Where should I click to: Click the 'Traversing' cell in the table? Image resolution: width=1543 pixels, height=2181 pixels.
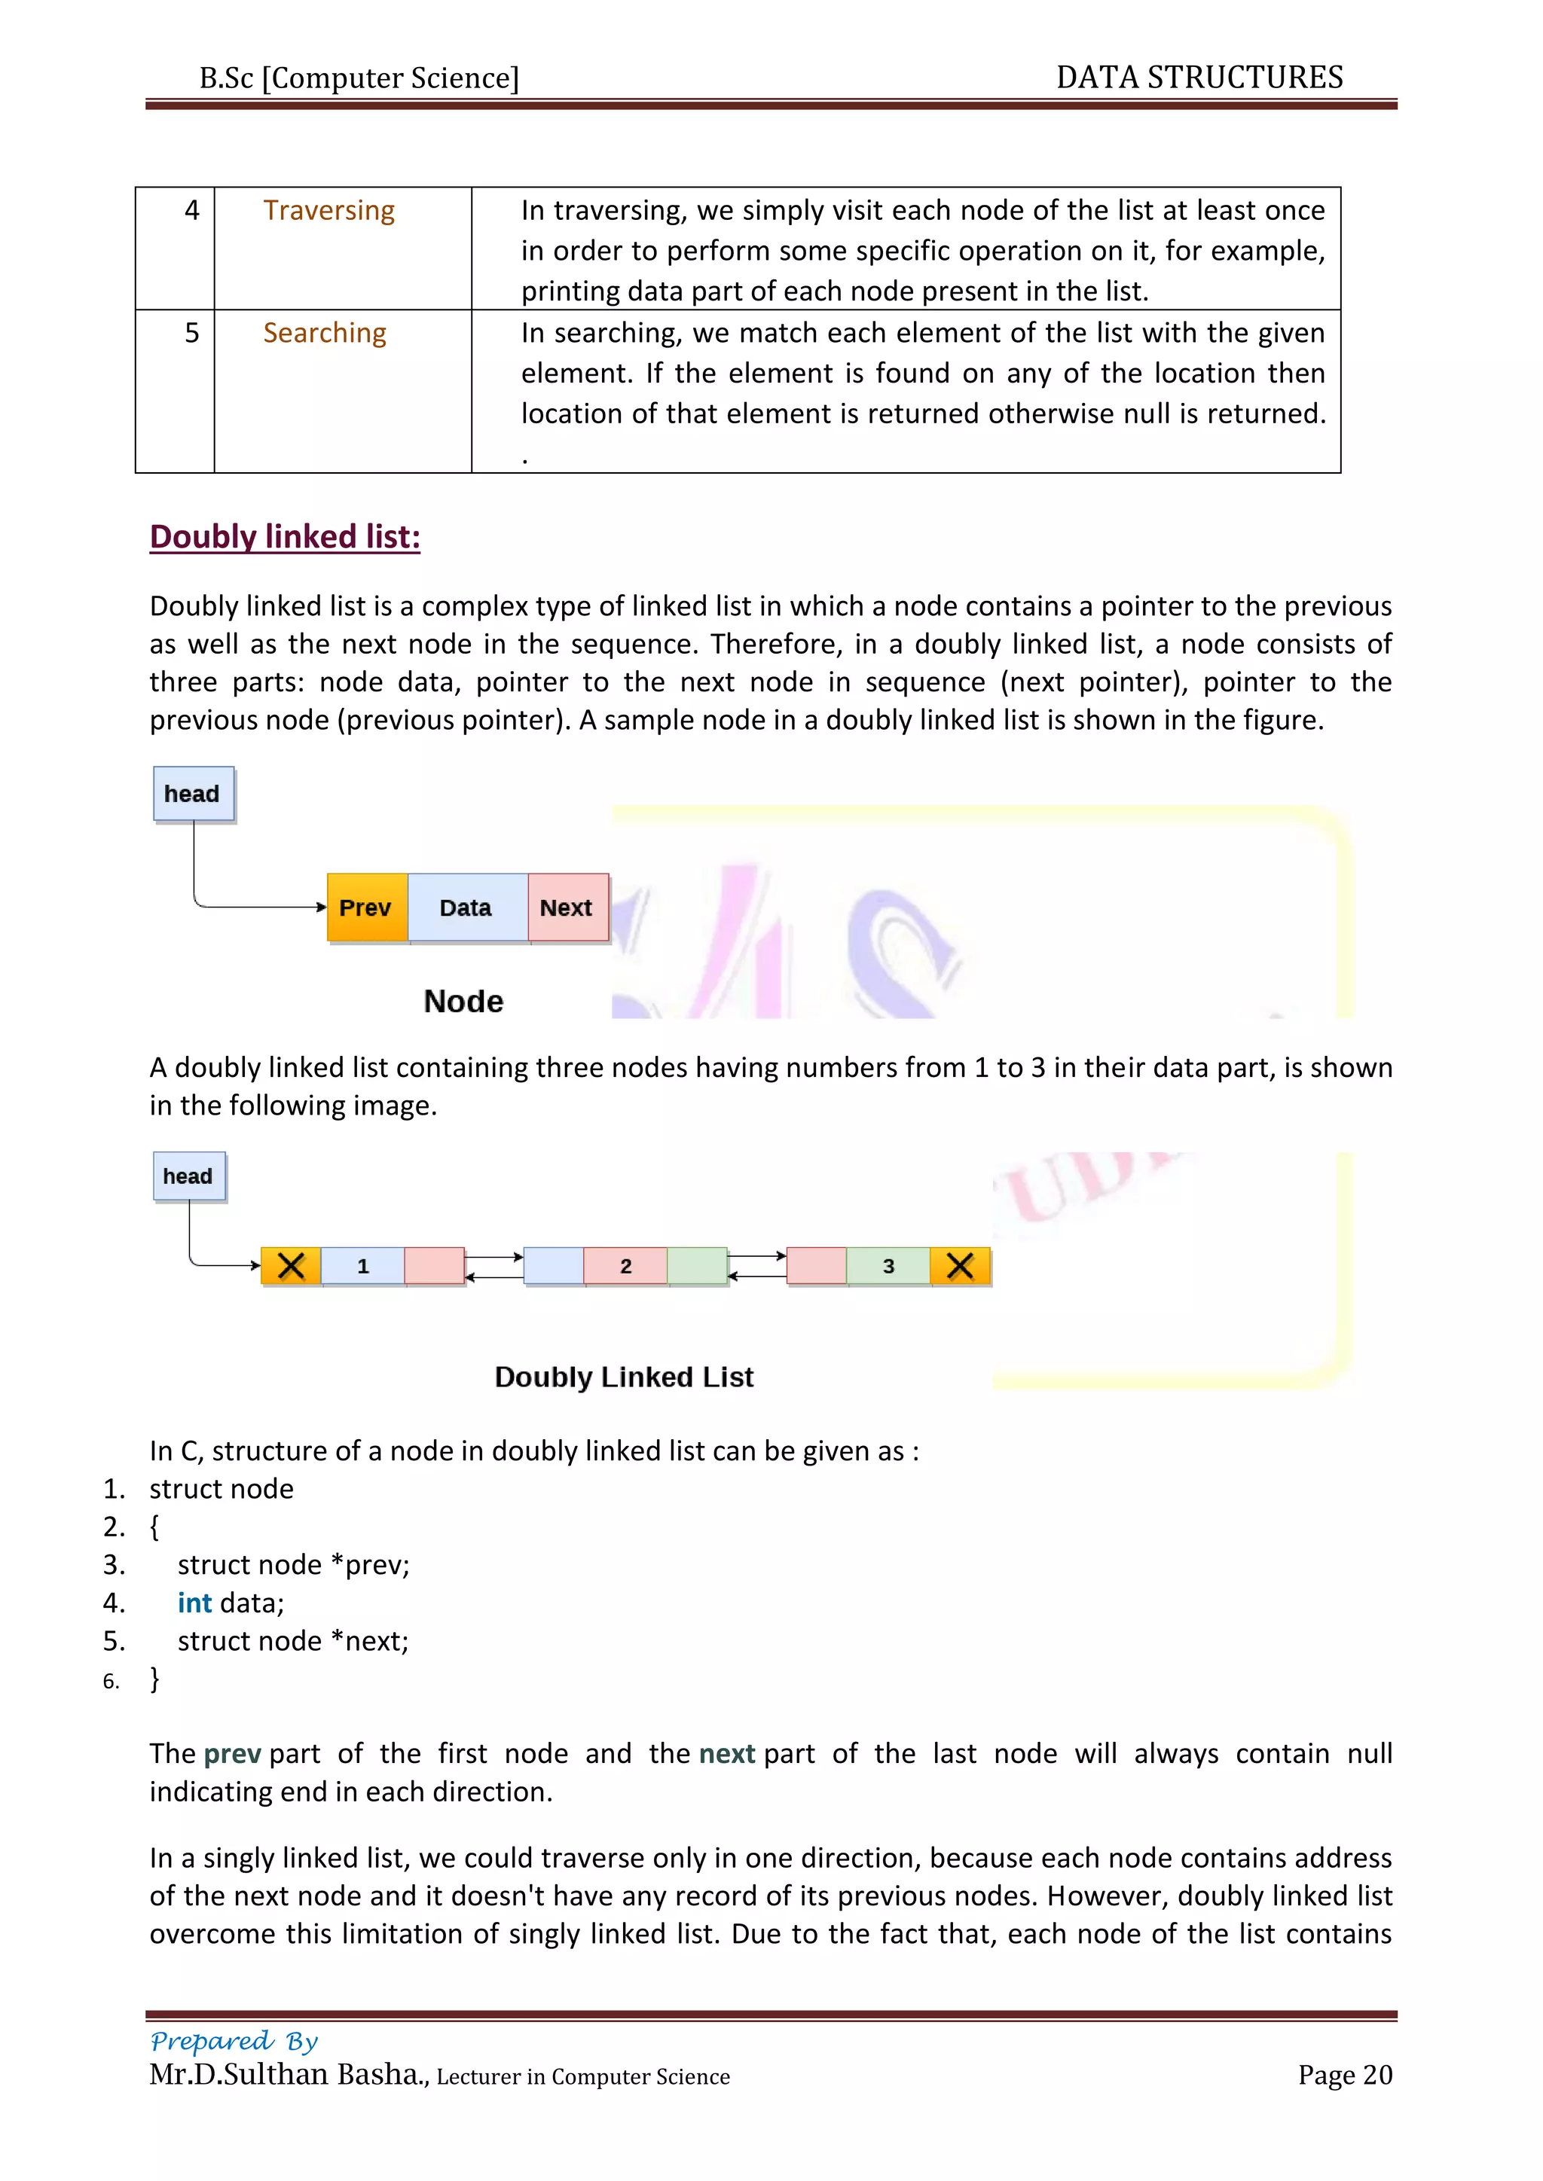[x=328, y=210]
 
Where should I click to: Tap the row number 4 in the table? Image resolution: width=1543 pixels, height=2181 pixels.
[x=192, y=210]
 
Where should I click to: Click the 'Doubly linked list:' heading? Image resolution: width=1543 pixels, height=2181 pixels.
[x=285, y=537]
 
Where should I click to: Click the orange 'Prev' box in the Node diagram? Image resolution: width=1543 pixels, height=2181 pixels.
[x=367, y=907]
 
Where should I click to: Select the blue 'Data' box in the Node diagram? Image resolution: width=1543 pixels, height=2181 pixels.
[x=466, y=907]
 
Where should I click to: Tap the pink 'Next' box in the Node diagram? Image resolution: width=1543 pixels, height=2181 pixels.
[x=567, y=907]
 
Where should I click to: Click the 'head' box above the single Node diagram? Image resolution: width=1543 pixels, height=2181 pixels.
[x=193, y=793]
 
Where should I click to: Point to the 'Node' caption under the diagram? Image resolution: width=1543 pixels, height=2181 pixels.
[x=463, y=1001]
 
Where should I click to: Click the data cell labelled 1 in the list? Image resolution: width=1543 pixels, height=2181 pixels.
[x=363, y=1266]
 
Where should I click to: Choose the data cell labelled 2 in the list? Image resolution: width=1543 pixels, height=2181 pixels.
[x=625, y=1266]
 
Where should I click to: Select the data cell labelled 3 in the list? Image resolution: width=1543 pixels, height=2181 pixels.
[x=888, y=1266]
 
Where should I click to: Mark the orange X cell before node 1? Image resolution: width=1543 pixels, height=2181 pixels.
[x=291, y=1266]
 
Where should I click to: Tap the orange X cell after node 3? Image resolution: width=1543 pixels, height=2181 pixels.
[x=961, y=1266]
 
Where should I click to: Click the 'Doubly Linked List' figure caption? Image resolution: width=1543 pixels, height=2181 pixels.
[x=625, y=1377]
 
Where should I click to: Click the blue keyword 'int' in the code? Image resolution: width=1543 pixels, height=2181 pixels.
[x=195, y=1603]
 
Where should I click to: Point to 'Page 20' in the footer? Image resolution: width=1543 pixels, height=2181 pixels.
[x=1344, y=2075]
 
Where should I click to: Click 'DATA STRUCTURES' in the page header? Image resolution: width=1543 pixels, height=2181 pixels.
[x=1199, y=77]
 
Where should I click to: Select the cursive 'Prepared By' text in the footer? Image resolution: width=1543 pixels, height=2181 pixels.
[x=234, y=2040]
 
